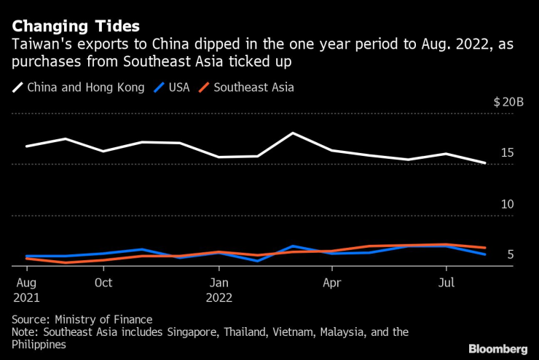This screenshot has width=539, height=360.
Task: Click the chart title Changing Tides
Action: tap(76, 26)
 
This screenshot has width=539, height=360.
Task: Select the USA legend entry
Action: tap(178, 87)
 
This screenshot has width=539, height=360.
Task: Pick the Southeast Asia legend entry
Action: tap(252, 87)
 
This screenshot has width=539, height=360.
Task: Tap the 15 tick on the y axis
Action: tap(507, 152)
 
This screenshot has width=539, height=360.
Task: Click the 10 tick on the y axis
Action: tap(507, 204)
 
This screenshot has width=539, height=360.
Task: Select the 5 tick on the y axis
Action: tap(511, 255)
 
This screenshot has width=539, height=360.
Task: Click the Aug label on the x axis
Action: tap(25, 282)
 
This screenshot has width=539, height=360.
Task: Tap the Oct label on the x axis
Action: tap(103, 282)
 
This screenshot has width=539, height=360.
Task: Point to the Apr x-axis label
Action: tap(331, 282)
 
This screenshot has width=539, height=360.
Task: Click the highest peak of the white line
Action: tap(293, 133)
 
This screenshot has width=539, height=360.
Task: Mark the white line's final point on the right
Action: tap(485, 163)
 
